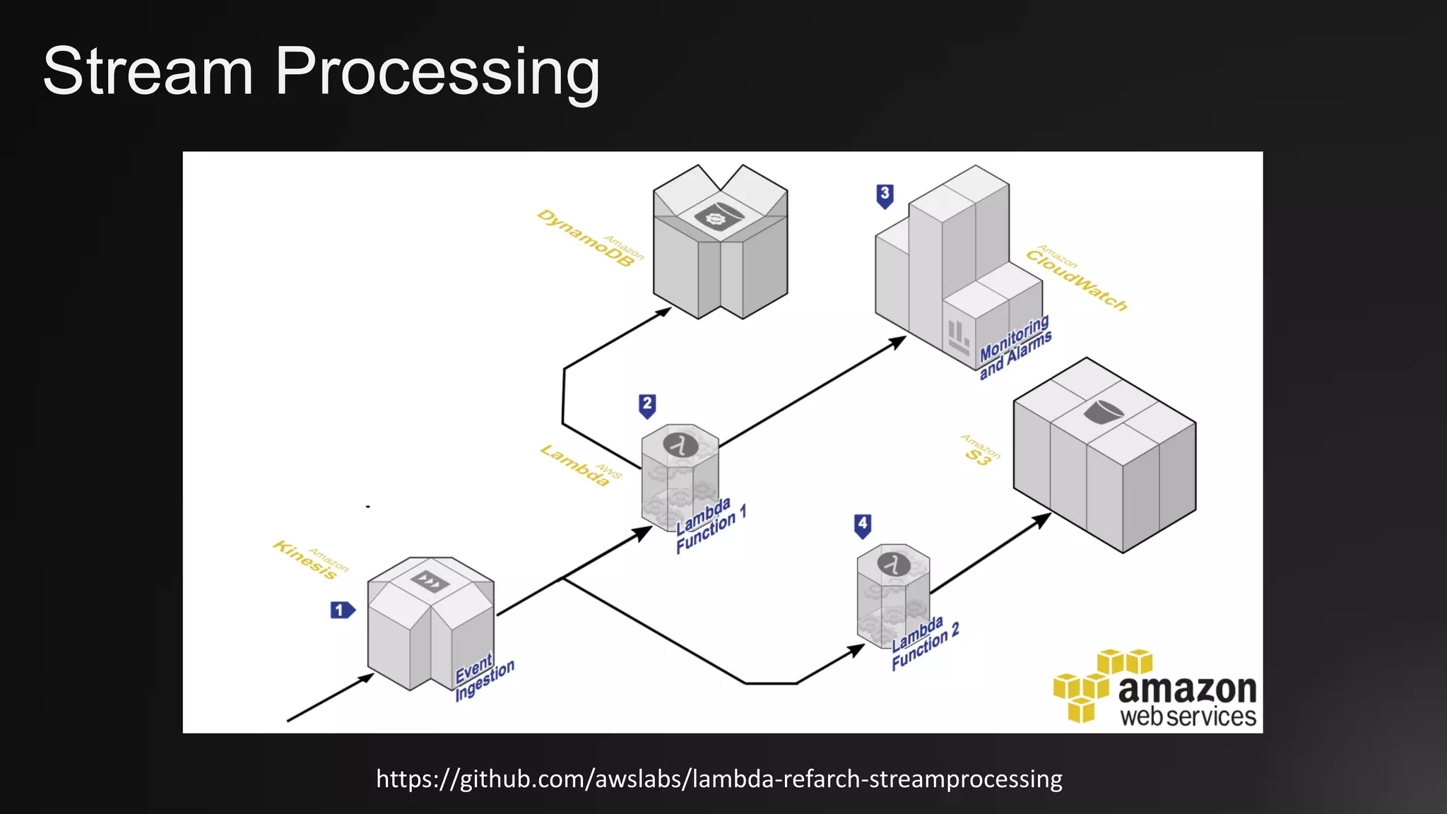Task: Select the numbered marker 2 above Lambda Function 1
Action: (647, 405)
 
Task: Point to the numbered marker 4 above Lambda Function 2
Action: (863, 525)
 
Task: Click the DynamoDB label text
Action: (585, 238)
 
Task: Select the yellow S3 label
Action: (979, 457)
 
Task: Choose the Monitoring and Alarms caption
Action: (1015, 347)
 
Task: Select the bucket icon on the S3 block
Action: (1103, 411)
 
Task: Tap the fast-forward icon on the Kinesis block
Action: (430, 581)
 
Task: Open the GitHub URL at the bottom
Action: (719, 779)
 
